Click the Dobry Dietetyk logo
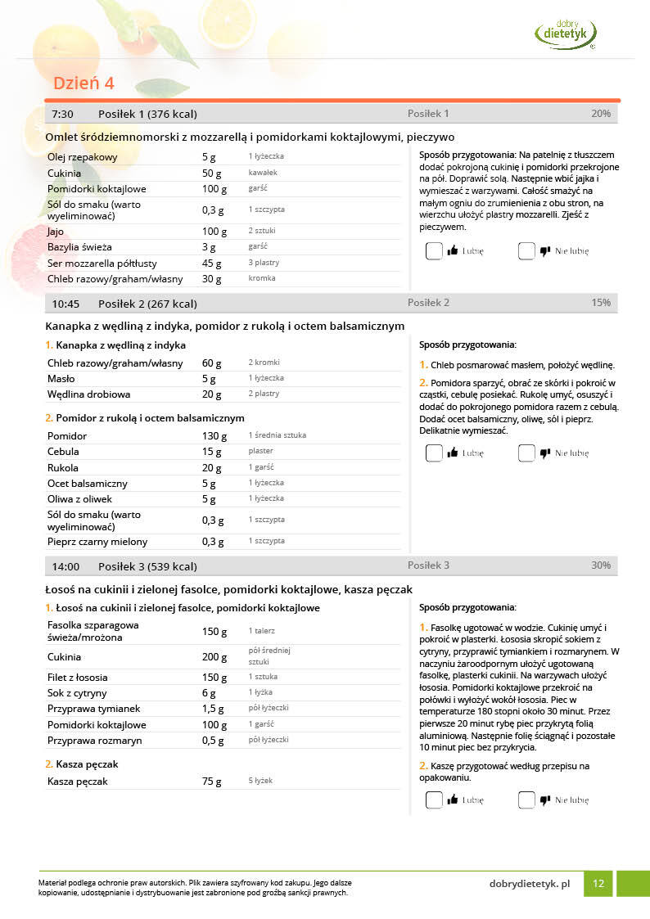(x=566, y=33)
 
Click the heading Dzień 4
(x=84, y=83)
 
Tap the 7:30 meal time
(x=62, y=114)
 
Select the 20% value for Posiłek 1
(x=601, y=114)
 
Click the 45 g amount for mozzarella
(x=212, y=264)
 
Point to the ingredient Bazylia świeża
(x=79, y=246)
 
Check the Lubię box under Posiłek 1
(x=434, y=251)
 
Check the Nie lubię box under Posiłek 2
(x=526, y=453)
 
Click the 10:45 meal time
(x=65, y=304)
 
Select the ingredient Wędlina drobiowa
(x=89, y=394)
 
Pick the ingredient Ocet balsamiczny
(x=87, y=484)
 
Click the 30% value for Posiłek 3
(x=601, y=565)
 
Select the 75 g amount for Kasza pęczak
(x=212, y=782)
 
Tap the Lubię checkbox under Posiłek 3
(x=434, y=800)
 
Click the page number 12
(x=598, y=884)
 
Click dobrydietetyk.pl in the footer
(x=529, y=884)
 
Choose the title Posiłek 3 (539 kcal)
(x=147, y=566)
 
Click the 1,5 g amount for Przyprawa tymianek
(x=213, y=709)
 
